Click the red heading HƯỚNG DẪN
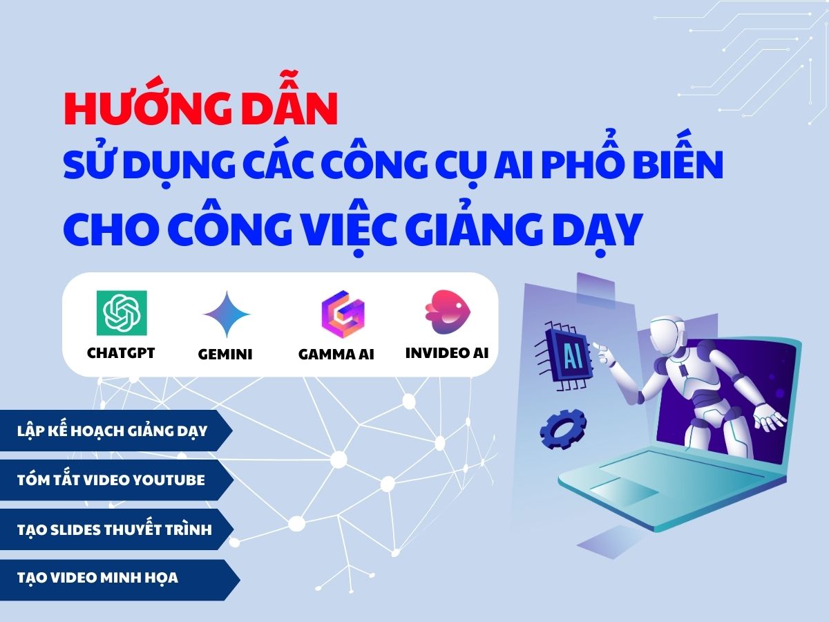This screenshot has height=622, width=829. click(200, 111)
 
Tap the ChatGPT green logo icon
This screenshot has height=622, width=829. click(122, 312)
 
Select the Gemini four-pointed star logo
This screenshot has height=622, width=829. click(227, 315)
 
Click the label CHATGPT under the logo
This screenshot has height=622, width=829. click(121, 353)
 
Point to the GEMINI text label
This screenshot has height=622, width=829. click(225, 355)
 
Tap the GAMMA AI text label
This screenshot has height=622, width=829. click(336, 355)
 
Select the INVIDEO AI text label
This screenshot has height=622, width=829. click(447, 352)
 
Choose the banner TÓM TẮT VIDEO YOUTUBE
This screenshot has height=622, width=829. click(111, 480)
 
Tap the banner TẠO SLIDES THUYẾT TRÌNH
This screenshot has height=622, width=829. click(114, 530)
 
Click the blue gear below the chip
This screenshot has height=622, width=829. click(563, 428)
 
